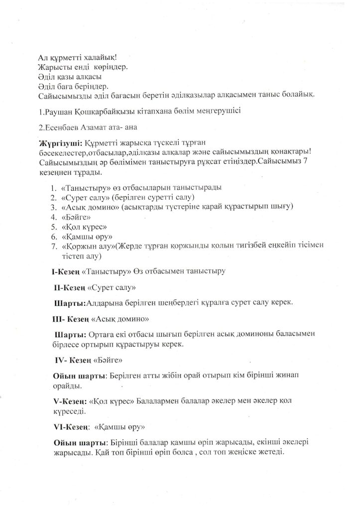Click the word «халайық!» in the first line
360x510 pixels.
point(98,57)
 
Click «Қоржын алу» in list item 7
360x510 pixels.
point(88,246)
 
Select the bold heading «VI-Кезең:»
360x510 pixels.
point(71,427)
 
